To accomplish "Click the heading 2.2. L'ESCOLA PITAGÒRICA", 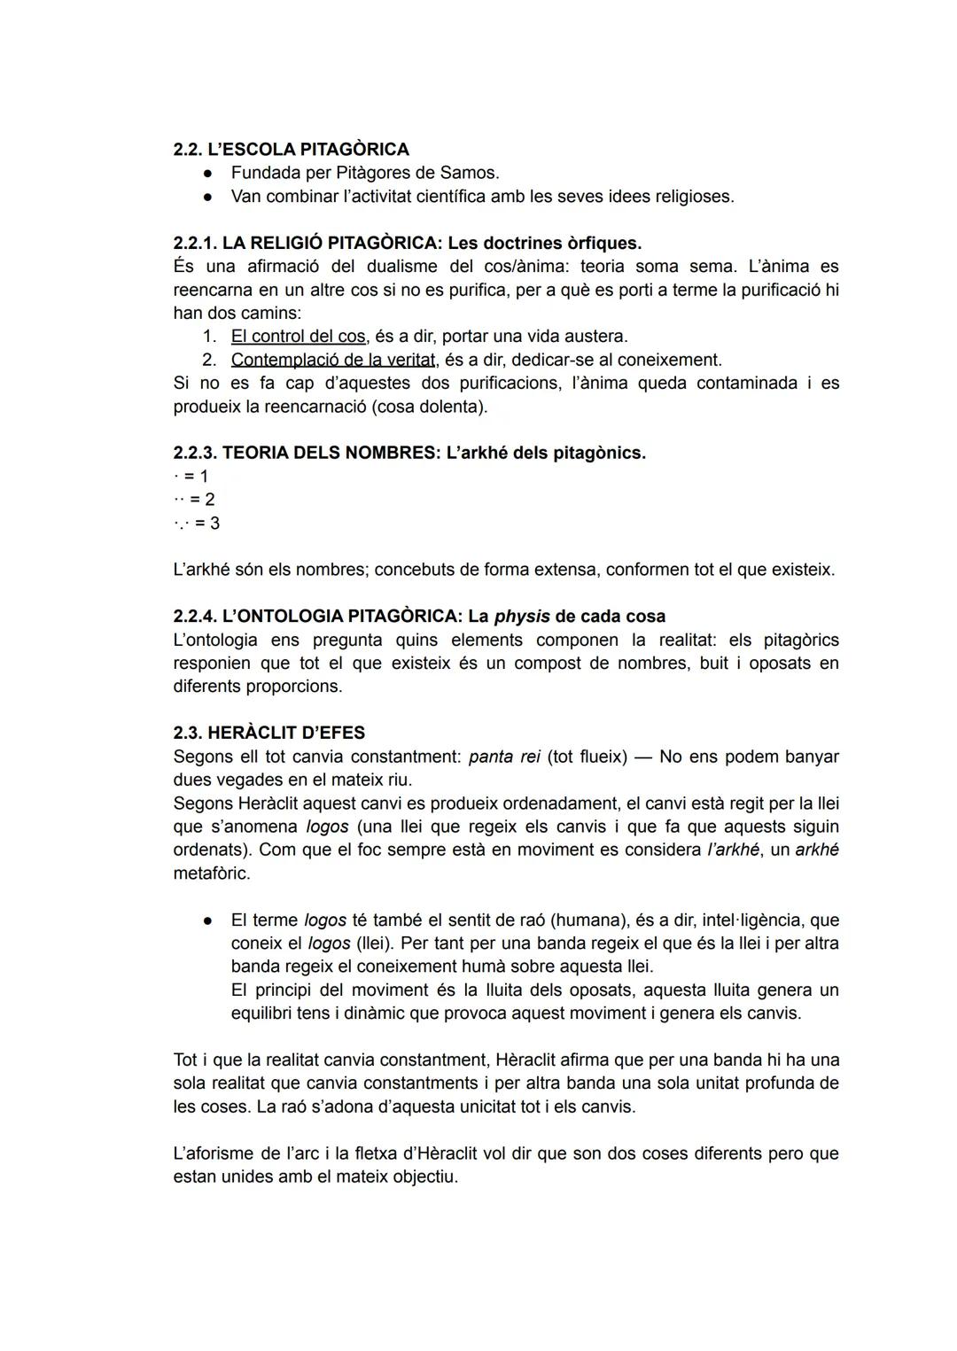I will click(291, 149).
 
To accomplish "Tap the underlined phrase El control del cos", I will click(298, 337).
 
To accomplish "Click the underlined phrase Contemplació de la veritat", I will click(333, 360).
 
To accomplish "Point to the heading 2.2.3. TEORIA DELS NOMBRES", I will click(304, 453).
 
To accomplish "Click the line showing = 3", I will click(198, 523).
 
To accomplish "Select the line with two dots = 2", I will click(195, 500).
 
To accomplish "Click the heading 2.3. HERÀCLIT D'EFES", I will click(268, 733).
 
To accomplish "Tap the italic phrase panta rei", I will click(503, 757).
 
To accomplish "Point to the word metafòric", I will click(211, 873).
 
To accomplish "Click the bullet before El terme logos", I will click(206, 920).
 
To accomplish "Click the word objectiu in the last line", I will click(424, 1176).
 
